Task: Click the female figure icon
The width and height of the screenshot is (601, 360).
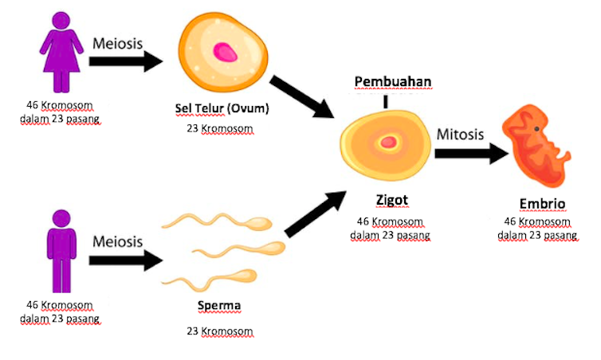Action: [60, 52]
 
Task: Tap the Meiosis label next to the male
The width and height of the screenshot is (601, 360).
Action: [118, 241]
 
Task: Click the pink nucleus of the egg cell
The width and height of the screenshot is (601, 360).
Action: [226, 53]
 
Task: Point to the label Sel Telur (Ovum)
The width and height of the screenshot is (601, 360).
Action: [222, 108]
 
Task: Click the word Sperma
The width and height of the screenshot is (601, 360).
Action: [219, 305]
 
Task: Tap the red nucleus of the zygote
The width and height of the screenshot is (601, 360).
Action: [389, 143]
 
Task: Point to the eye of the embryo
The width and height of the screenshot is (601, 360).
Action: [537, 128]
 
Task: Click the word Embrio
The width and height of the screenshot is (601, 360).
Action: [536, 204]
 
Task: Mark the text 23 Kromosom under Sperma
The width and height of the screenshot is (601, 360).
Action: [218, 331]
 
